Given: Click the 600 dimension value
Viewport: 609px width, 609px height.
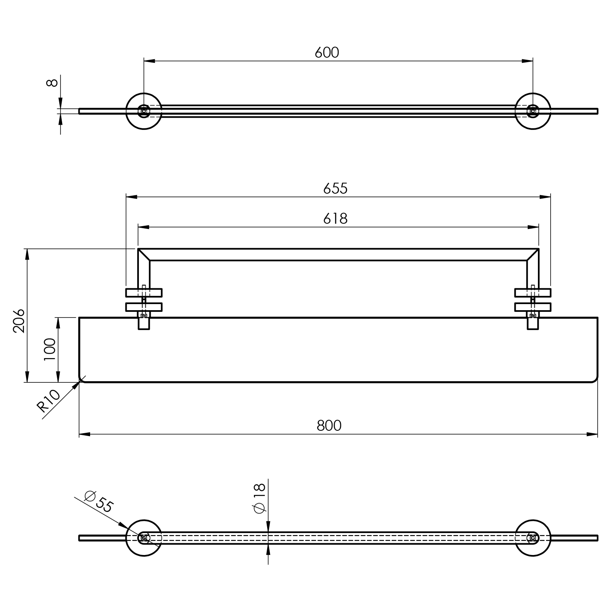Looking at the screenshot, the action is (327, 53).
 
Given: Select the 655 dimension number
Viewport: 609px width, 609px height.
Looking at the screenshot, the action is (335, 188).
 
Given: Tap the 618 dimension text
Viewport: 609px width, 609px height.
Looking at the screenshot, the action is (335, 218).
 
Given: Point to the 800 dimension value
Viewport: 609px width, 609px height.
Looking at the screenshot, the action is (329, 425).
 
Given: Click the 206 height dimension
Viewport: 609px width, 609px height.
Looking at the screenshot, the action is (19, 321).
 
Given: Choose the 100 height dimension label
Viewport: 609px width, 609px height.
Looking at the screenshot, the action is (49, 349).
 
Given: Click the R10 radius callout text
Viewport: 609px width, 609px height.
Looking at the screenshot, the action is (49, 401).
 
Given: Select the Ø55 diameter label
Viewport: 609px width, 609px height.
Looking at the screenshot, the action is (98, 502).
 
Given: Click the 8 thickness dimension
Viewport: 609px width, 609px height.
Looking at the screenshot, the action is (52, 83).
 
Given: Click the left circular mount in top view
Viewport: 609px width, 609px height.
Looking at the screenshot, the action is (144, 111).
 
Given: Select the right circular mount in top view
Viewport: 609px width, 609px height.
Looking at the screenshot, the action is (533, 111).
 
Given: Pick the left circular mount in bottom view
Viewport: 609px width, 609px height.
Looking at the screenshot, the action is (144, 538).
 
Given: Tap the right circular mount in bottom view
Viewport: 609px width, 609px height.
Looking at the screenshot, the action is (533, 538).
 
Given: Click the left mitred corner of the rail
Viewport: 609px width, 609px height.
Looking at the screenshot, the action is (144, 255).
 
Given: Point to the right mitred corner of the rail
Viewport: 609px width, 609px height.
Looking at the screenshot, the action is (533, 255).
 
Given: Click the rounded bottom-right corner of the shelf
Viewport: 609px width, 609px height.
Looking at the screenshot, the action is (595, 379).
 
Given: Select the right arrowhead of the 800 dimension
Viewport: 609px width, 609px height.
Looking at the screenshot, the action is (592, 434).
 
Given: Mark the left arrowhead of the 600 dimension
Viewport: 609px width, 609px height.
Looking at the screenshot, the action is (149, 61).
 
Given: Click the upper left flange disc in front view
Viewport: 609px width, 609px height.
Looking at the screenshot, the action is (144, 293).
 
